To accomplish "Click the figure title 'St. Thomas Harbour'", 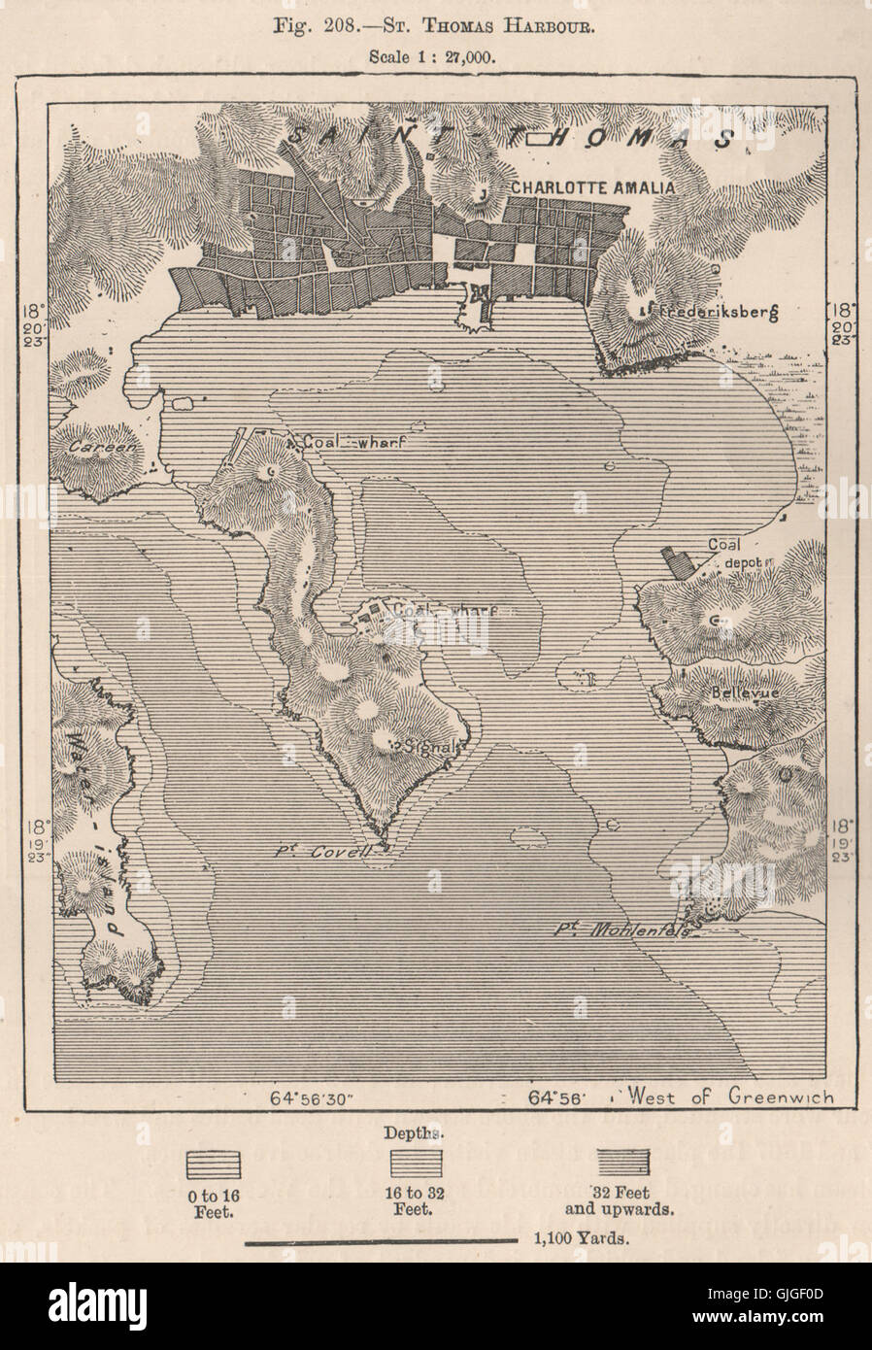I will (436, 26).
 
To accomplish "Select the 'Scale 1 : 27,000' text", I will (433, 55).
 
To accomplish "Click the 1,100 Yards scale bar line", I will (381, 1240).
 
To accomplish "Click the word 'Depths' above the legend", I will (421, 1132).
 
